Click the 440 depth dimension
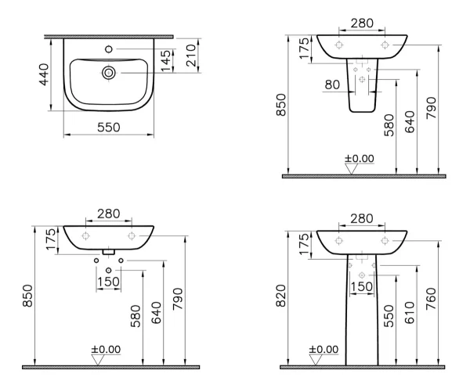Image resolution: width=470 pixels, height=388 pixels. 44,74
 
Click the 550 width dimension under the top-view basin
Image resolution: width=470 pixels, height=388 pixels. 109,128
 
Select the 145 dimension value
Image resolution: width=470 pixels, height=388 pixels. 165,61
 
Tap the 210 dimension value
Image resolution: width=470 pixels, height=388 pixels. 191,56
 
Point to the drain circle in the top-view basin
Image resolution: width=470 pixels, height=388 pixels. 109,73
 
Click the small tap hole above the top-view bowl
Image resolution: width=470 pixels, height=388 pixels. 109,48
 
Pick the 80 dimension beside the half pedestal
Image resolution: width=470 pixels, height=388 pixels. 332,84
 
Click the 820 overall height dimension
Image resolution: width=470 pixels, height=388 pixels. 281,296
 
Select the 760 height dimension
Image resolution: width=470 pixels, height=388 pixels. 431,299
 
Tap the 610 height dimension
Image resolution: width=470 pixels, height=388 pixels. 410,313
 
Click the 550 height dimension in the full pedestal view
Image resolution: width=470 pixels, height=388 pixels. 389,316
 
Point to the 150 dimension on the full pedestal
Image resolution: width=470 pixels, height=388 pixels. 362,286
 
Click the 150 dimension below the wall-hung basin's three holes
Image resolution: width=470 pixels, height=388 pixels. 109,282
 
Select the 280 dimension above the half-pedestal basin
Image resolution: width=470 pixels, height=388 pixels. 362,23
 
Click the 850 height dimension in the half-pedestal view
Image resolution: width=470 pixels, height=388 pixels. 282,105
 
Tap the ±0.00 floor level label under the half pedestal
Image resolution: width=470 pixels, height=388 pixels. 359,158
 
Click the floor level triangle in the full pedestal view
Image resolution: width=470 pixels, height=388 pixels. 315,360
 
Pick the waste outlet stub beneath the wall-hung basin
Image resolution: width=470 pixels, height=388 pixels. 109,252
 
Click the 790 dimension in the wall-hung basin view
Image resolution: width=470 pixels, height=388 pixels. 178,299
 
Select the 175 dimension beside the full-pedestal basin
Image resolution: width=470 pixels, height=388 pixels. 304,244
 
